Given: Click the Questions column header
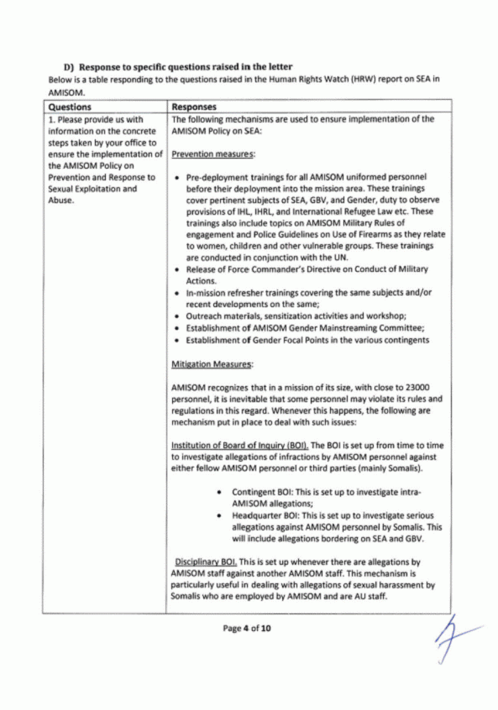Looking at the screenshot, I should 69,107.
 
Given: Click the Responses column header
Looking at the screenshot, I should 194,107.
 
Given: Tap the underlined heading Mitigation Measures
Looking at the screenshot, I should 212,364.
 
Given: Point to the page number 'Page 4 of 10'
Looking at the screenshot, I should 247,628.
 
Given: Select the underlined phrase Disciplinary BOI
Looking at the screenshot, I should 206,562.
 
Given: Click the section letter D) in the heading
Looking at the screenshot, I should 69,67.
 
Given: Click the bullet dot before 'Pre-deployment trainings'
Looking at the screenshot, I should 178,178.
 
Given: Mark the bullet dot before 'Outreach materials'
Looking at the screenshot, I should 178,317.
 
